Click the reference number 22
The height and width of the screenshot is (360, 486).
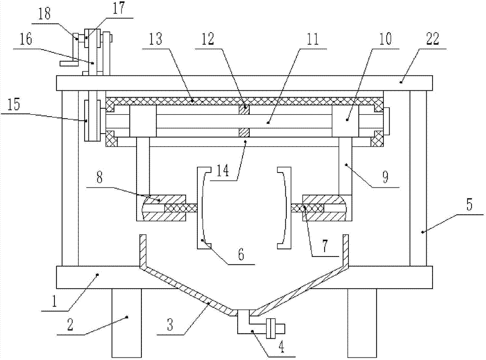click(433, 39)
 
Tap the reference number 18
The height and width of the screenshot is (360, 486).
click(45, 14)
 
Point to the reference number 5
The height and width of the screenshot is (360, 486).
click(469, 205)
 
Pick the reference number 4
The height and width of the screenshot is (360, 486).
click(281, 347)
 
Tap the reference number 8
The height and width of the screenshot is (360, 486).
click(100, 178)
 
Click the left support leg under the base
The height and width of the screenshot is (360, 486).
click(126, 323)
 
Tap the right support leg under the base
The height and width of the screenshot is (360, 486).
click(362, 323)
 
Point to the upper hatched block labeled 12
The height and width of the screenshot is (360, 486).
click(244, 110)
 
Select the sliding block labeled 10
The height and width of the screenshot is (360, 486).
click(346, 121)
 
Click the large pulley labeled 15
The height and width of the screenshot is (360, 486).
click(92, 120)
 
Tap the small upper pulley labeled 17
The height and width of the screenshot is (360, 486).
click(92, 38)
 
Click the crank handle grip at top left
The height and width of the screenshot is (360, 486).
click(69, 64)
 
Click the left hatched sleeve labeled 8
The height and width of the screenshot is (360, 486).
click(161, 208)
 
